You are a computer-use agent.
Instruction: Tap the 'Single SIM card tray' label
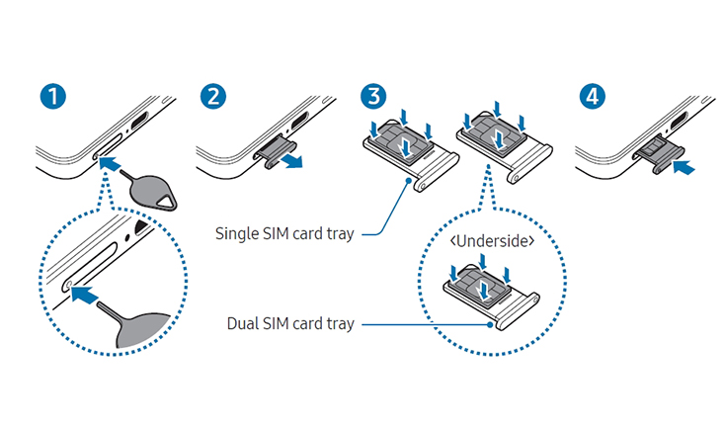[285, 234]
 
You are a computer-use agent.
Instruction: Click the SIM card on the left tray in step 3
[405, 142]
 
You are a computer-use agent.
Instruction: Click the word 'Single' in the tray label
[237, 234]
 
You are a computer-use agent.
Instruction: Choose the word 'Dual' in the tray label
[237, 323]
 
